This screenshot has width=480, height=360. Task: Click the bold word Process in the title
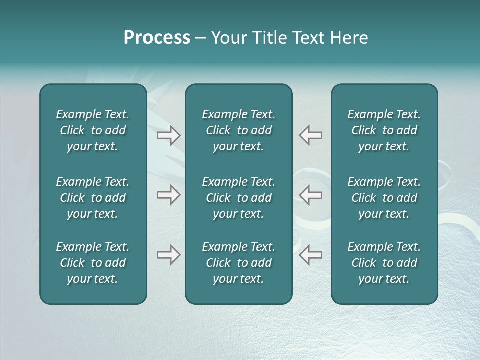[x=157, y=38]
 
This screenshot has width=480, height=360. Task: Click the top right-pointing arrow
[x=168, y=135]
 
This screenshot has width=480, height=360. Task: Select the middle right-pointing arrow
[x=168, y=195]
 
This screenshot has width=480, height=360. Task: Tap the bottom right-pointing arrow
[x=168, y=255]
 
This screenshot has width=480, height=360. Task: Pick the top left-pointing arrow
[x=310, y=135]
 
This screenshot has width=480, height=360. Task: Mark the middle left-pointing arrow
[x=310, y=195]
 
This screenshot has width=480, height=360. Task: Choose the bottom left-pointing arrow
[x=310, y=255]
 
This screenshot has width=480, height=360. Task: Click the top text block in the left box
[x=93, y=130]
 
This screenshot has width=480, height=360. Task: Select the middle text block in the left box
[x=93, y=198]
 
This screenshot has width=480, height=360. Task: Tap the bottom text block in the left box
[x=93, y=263]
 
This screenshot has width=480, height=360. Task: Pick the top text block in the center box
[x=238, y=130]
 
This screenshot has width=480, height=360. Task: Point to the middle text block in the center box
[x=238, y=198]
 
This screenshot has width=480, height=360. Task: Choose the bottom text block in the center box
[x=238, y=263]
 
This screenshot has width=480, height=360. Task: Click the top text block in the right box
[x=384, y=130]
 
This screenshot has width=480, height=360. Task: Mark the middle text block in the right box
[x=384, y=198]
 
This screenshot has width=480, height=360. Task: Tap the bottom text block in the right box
[x=384, y=263]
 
